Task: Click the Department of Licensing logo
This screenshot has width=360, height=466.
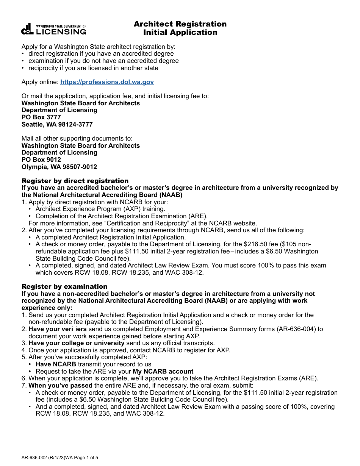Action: coord(53,29)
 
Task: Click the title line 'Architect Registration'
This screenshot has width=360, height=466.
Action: coord(180,24)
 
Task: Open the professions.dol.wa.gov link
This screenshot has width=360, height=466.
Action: coord(107,82)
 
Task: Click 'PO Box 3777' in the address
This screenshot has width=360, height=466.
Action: coord(41,117)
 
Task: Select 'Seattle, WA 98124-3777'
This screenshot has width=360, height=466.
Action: coord(57,124)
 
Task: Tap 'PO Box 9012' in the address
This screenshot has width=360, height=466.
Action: coord(41,160)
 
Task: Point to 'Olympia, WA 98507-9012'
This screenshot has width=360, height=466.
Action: coord(59,167)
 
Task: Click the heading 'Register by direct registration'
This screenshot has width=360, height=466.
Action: coord(75,181)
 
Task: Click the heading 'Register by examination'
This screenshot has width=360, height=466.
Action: coord(64,286)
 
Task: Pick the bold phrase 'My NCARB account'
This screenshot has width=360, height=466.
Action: coord(163,371)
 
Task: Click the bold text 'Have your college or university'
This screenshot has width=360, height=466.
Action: coord(77,343)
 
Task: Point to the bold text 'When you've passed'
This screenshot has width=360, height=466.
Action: coord(61,385)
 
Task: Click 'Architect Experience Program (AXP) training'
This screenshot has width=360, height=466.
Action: coord(100,209)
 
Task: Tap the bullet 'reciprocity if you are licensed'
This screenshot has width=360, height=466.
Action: coord(93,68)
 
